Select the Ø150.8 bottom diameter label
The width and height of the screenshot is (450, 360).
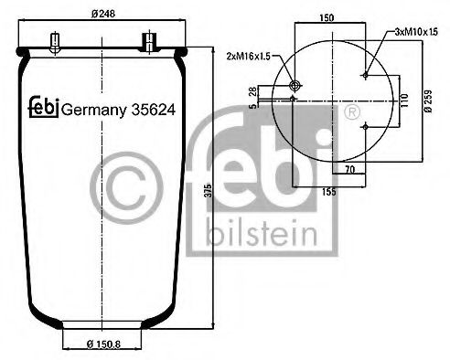(x=96, y=344)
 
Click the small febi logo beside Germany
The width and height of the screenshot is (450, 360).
(x=41, y=106)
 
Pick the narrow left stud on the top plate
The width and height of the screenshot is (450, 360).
(x=58, y=42)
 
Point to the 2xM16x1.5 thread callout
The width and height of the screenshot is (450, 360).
(x=249, y=56)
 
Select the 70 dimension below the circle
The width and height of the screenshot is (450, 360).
(x=348, y=169)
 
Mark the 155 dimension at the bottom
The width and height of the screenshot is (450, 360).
(x=328, y=194)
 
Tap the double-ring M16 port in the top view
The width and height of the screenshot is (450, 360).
(x=295, y=86)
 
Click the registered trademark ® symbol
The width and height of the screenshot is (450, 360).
(x=348, y=111)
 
